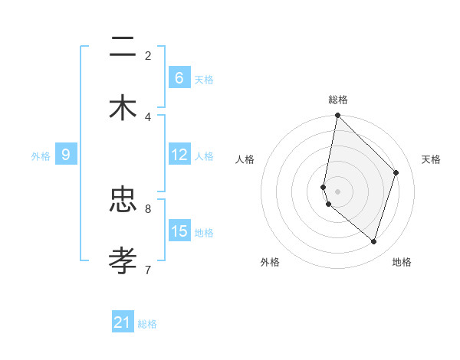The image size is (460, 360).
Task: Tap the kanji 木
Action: [x=123, y=107]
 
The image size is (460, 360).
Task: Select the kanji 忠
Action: [x=123, y=200]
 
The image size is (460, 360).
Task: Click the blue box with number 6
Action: [x=179, y=78]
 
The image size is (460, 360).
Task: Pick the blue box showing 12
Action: [x=179, y=155]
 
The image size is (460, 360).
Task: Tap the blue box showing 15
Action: [x=179, y=231]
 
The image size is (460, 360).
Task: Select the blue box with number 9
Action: [x=66, y=155]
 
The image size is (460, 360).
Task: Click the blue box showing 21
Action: [x=122, y=322]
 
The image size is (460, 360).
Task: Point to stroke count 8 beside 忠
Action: [x=148, y=208]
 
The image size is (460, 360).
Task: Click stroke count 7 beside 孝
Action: [x=148, y=269]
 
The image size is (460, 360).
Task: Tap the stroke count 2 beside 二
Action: [x=148, y=55]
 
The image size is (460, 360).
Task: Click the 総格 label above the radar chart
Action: [x=338, y=100]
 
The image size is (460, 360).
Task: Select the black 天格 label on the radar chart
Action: [x=431, y=159]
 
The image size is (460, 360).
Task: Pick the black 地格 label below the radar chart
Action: [x=402, y=262]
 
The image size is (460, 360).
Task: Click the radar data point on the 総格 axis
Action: [x=337, y=116]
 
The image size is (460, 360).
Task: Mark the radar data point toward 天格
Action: [x=396, y=172]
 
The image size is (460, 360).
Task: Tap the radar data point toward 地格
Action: [x=373, y=242]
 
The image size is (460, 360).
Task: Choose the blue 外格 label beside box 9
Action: [x=41, y=156]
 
